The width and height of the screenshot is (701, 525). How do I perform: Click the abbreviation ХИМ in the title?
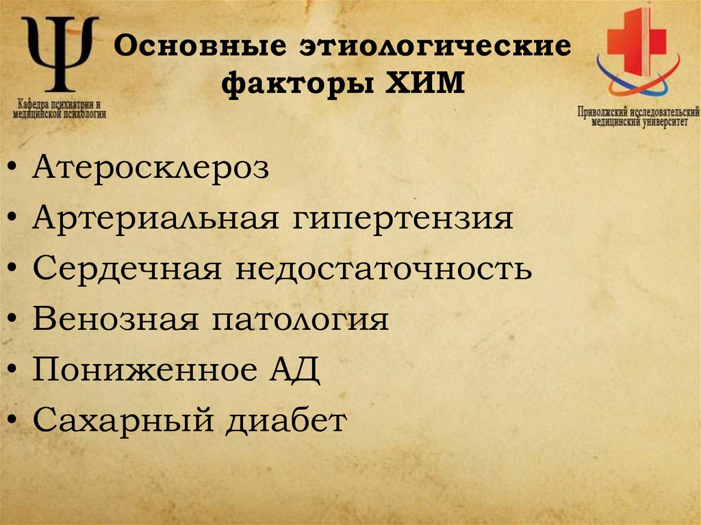tap(420, 86)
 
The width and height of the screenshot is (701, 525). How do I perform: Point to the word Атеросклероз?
tap(151, 168)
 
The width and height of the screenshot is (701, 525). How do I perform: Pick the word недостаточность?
tap(385, 269)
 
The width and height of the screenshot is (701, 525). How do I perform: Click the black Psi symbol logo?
tap(60, 55)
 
